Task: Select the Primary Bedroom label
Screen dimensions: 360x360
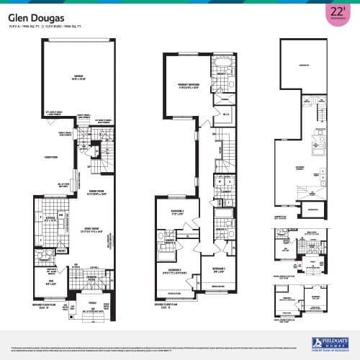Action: click(189, 86)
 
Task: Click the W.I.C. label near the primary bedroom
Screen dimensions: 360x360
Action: click(225, 114)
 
